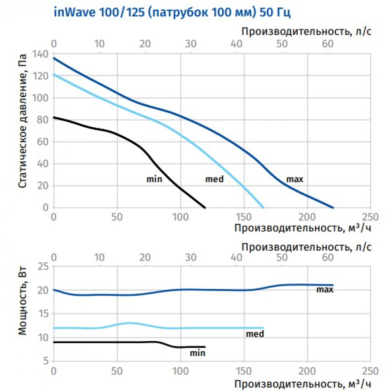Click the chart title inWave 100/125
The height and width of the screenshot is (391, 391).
pos(172,13)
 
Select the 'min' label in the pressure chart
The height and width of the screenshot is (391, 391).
pos(154,179)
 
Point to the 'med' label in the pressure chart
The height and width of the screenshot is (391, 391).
pos(214,179)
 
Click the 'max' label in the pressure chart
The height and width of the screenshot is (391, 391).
pos(295,179)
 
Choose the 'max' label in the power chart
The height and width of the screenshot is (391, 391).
pos(325,290)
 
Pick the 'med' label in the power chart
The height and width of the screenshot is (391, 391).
pos(255,334)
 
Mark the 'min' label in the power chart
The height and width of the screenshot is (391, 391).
pos(197,353)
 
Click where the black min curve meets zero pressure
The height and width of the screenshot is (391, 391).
pos(205,208)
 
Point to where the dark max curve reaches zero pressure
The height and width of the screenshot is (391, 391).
pos(333,208)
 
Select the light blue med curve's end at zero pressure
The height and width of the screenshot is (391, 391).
pos(264,208)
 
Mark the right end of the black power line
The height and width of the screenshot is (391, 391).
pos(205,347)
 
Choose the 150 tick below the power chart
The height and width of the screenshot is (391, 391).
pos(244,370)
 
